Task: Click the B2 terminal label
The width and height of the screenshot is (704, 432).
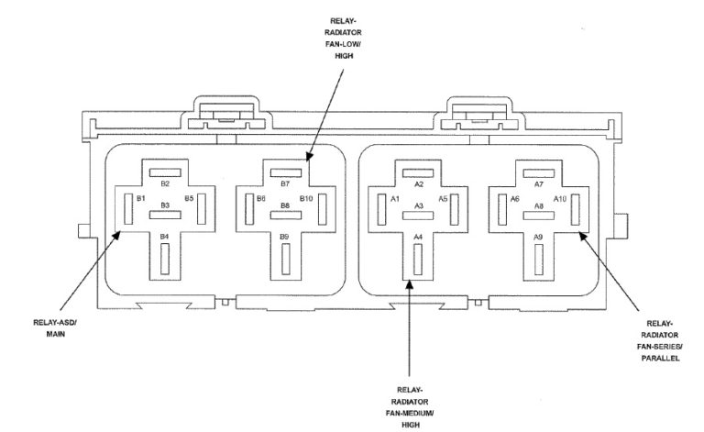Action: point(165,183)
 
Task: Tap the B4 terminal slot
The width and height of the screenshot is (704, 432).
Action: point(165,259)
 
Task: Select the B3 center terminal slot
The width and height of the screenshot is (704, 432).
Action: point(165,215)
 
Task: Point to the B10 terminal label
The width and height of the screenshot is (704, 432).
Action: point(306,198)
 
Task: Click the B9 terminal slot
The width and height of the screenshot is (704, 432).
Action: point(286,259)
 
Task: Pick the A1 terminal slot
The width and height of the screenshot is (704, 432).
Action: point(381,209)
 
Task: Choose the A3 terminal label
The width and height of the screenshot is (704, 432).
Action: point(418,205)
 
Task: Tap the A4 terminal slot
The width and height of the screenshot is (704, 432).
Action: point(418,260)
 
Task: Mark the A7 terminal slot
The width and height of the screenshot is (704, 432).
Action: point(539,173)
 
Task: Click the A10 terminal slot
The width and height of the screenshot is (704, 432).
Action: point(575,209)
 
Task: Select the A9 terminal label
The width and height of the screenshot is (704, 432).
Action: point(538,237)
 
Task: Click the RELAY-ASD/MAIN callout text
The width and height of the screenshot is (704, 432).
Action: point(55,328)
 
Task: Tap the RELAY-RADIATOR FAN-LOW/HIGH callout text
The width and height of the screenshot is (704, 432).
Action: point(344,39)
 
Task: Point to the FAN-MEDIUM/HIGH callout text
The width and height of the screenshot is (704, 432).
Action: point(410,418)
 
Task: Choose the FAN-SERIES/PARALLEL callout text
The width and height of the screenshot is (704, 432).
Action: point(660,352)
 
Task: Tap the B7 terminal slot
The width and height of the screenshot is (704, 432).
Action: point(286,172)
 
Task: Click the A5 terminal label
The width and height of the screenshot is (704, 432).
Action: point(443,199)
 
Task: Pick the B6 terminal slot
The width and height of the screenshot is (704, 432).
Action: point(249,209)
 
